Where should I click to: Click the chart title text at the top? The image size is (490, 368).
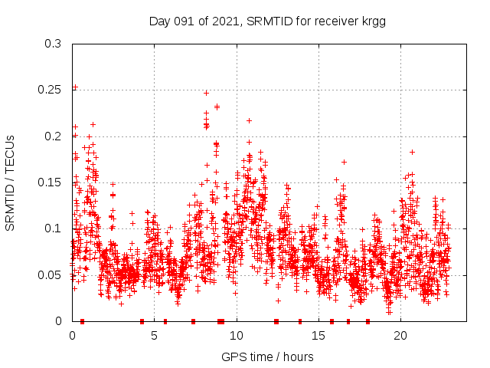pos(266,21)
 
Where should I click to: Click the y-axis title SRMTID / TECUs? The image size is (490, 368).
pos(10,183)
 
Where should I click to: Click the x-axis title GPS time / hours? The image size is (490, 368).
pos(267,356)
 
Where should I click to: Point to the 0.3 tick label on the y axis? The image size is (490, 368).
pos(52,44)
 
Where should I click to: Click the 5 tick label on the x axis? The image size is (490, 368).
pos(155,335)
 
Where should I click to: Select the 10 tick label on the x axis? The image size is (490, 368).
pos(237,335)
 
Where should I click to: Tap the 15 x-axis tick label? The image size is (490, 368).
pos(318,335)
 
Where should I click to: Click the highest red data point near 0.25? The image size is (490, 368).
pos(74,87)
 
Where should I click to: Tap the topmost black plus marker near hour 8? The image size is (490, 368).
pos(206,93)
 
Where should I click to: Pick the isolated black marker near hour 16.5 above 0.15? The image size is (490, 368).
pos(344,162)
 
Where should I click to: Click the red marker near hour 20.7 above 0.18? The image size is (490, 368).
pos(412,152)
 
